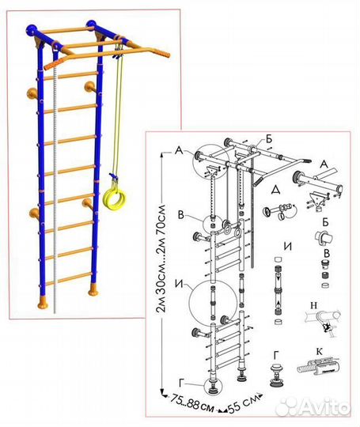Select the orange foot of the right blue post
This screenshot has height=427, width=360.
[x=93, y=289]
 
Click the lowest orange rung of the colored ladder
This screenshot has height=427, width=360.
[x=69, y=279]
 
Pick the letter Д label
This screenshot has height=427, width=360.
[x=276, y=190]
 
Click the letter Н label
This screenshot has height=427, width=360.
[x=313, y=305]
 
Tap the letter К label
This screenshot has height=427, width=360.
[x=319, y=352]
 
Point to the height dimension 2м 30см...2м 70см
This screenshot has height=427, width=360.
[x=161, y=258]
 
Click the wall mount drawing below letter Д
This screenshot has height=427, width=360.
[x=279, y=211]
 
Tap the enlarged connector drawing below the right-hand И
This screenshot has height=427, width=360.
[x=278, y=289]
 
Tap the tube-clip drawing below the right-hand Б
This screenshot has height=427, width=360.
[x=324, y=237]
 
